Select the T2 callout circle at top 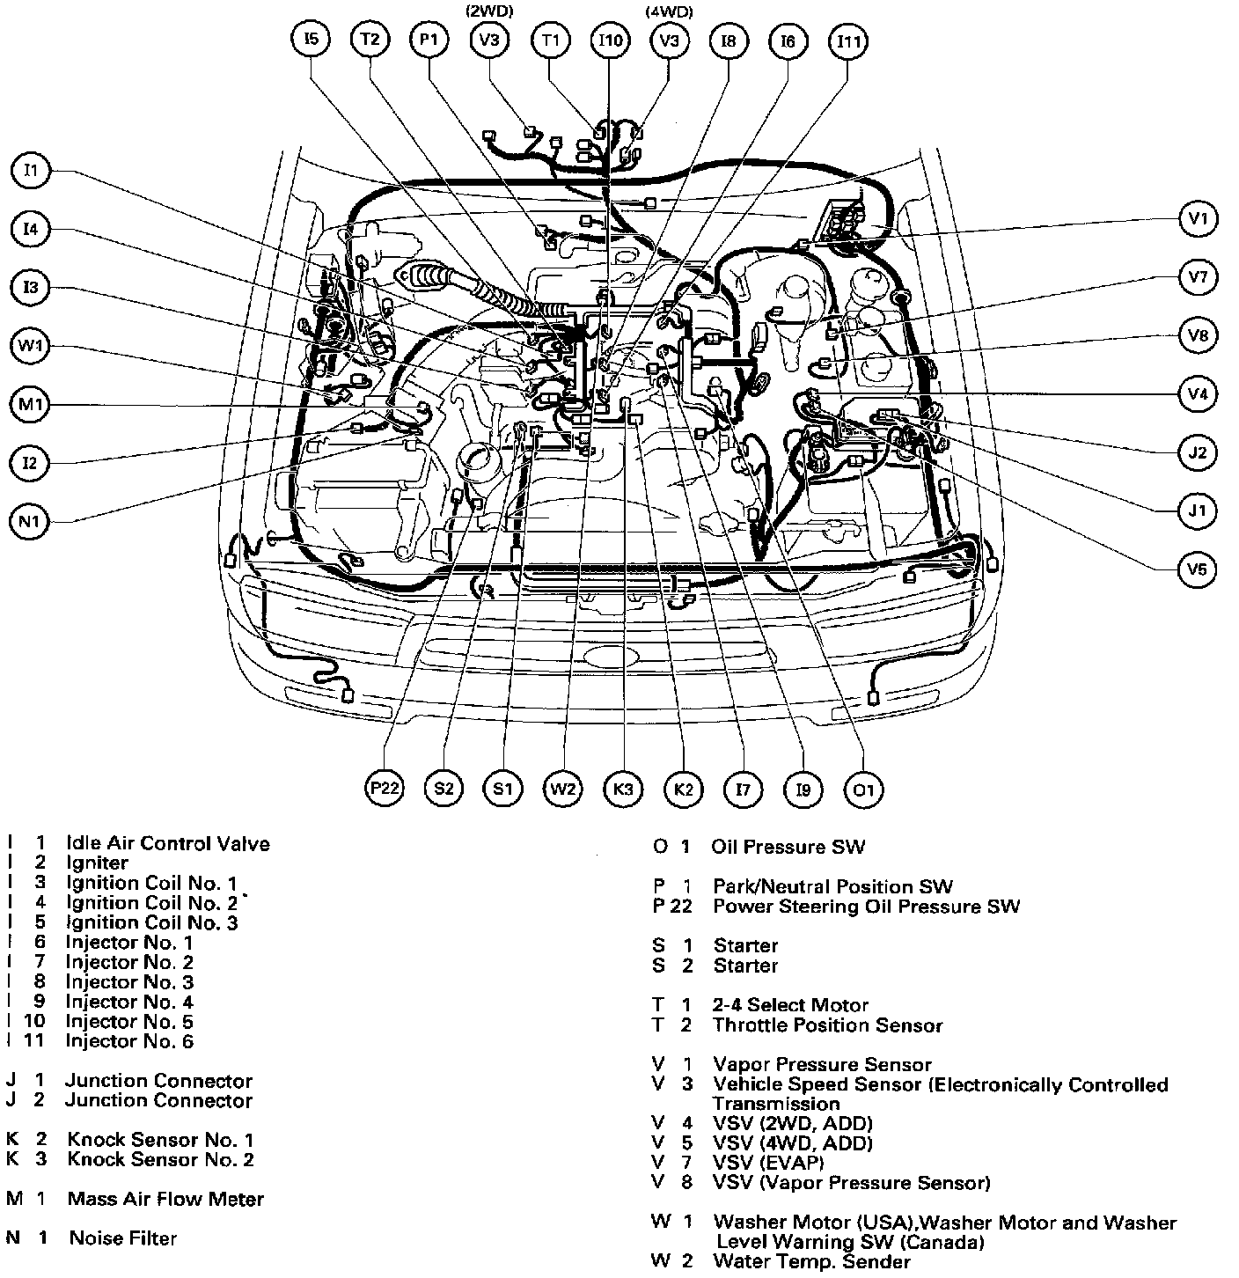370,40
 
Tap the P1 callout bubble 429,40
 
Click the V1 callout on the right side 1197,218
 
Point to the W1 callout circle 31,346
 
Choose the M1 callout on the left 31,405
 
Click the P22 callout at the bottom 385,789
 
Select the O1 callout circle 863,789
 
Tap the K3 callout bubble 623,789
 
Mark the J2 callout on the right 1197,452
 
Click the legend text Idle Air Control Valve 167,844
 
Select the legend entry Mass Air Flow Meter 165,1199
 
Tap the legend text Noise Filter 122,1238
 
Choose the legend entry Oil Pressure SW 788,847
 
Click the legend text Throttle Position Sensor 827,1025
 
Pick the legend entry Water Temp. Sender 811,1261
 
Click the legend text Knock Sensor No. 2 160,1159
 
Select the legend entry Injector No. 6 129,1041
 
